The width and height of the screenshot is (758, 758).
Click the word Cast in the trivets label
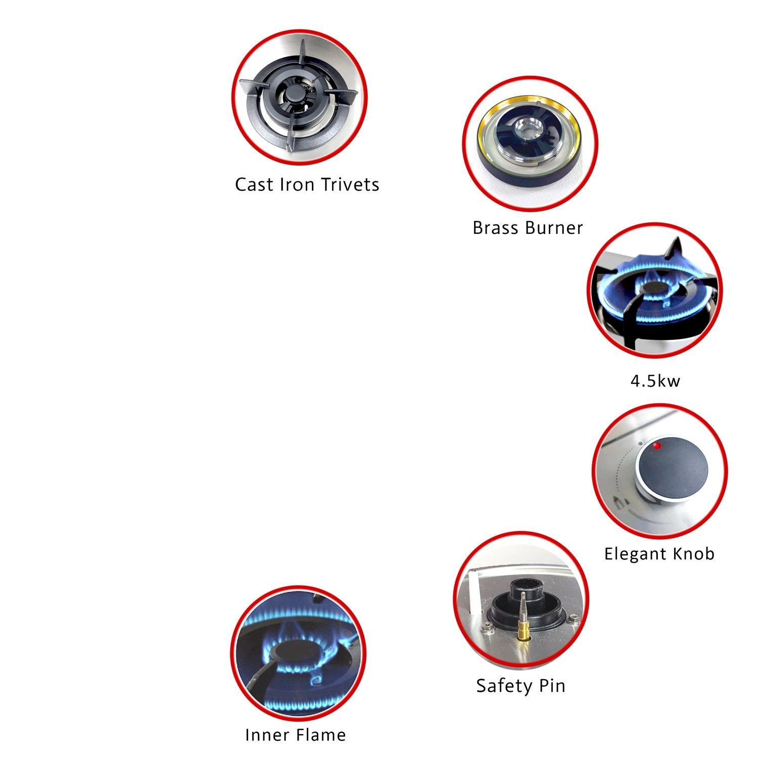pyautogui.click(x=254, y=184)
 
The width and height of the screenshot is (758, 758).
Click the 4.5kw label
pyautogui.click(x=655, y=381)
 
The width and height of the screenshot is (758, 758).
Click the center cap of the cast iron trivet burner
pyautogui.click(x=292, y=95)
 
